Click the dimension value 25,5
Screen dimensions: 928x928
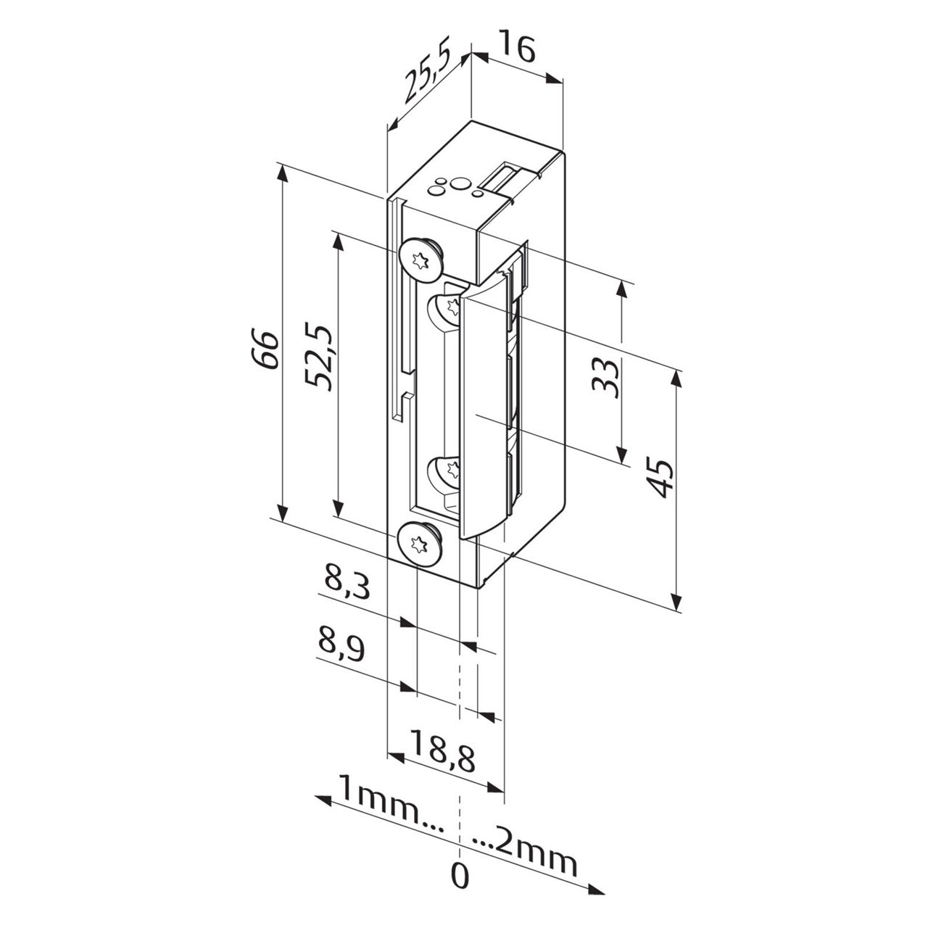click(428, 75)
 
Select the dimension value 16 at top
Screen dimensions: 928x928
click(518, 49)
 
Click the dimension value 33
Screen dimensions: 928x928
click(606, 377)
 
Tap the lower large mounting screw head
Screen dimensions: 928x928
click(418, 542)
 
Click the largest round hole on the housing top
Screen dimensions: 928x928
click(459, 182)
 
